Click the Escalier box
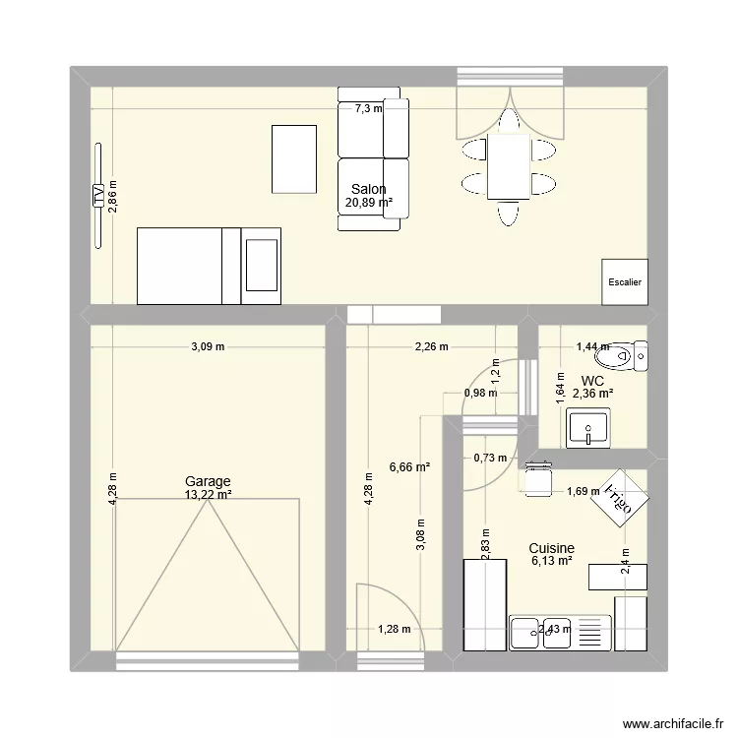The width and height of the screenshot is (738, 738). click(625, 281)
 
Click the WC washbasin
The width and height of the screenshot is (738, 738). click(588, 429)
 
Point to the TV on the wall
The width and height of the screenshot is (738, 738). click(98, 196)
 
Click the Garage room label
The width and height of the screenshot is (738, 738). click(208, 481)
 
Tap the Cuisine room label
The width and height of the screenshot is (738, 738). click(551, 549)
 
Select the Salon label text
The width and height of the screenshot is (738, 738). click(369, 190)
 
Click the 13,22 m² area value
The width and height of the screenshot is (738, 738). click(208, 494)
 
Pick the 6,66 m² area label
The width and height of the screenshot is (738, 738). click(410, 468)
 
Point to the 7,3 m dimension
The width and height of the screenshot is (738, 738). click(368, 109)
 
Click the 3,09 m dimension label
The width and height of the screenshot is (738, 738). click(208, 346)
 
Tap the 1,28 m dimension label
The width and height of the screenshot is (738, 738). click(394, 631)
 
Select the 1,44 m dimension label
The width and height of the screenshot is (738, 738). click(591, 346)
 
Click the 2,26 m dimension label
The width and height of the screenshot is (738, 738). click(431, 346)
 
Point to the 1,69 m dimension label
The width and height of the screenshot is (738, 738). click(582, 492)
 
